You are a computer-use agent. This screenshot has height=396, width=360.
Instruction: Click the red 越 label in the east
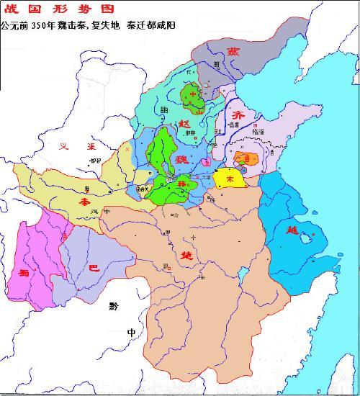[292, 230]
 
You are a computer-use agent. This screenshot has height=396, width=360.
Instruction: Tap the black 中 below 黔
[130, 332]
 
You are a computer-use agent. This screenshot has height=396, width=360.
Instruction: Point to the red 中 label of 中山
[192, 94]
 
